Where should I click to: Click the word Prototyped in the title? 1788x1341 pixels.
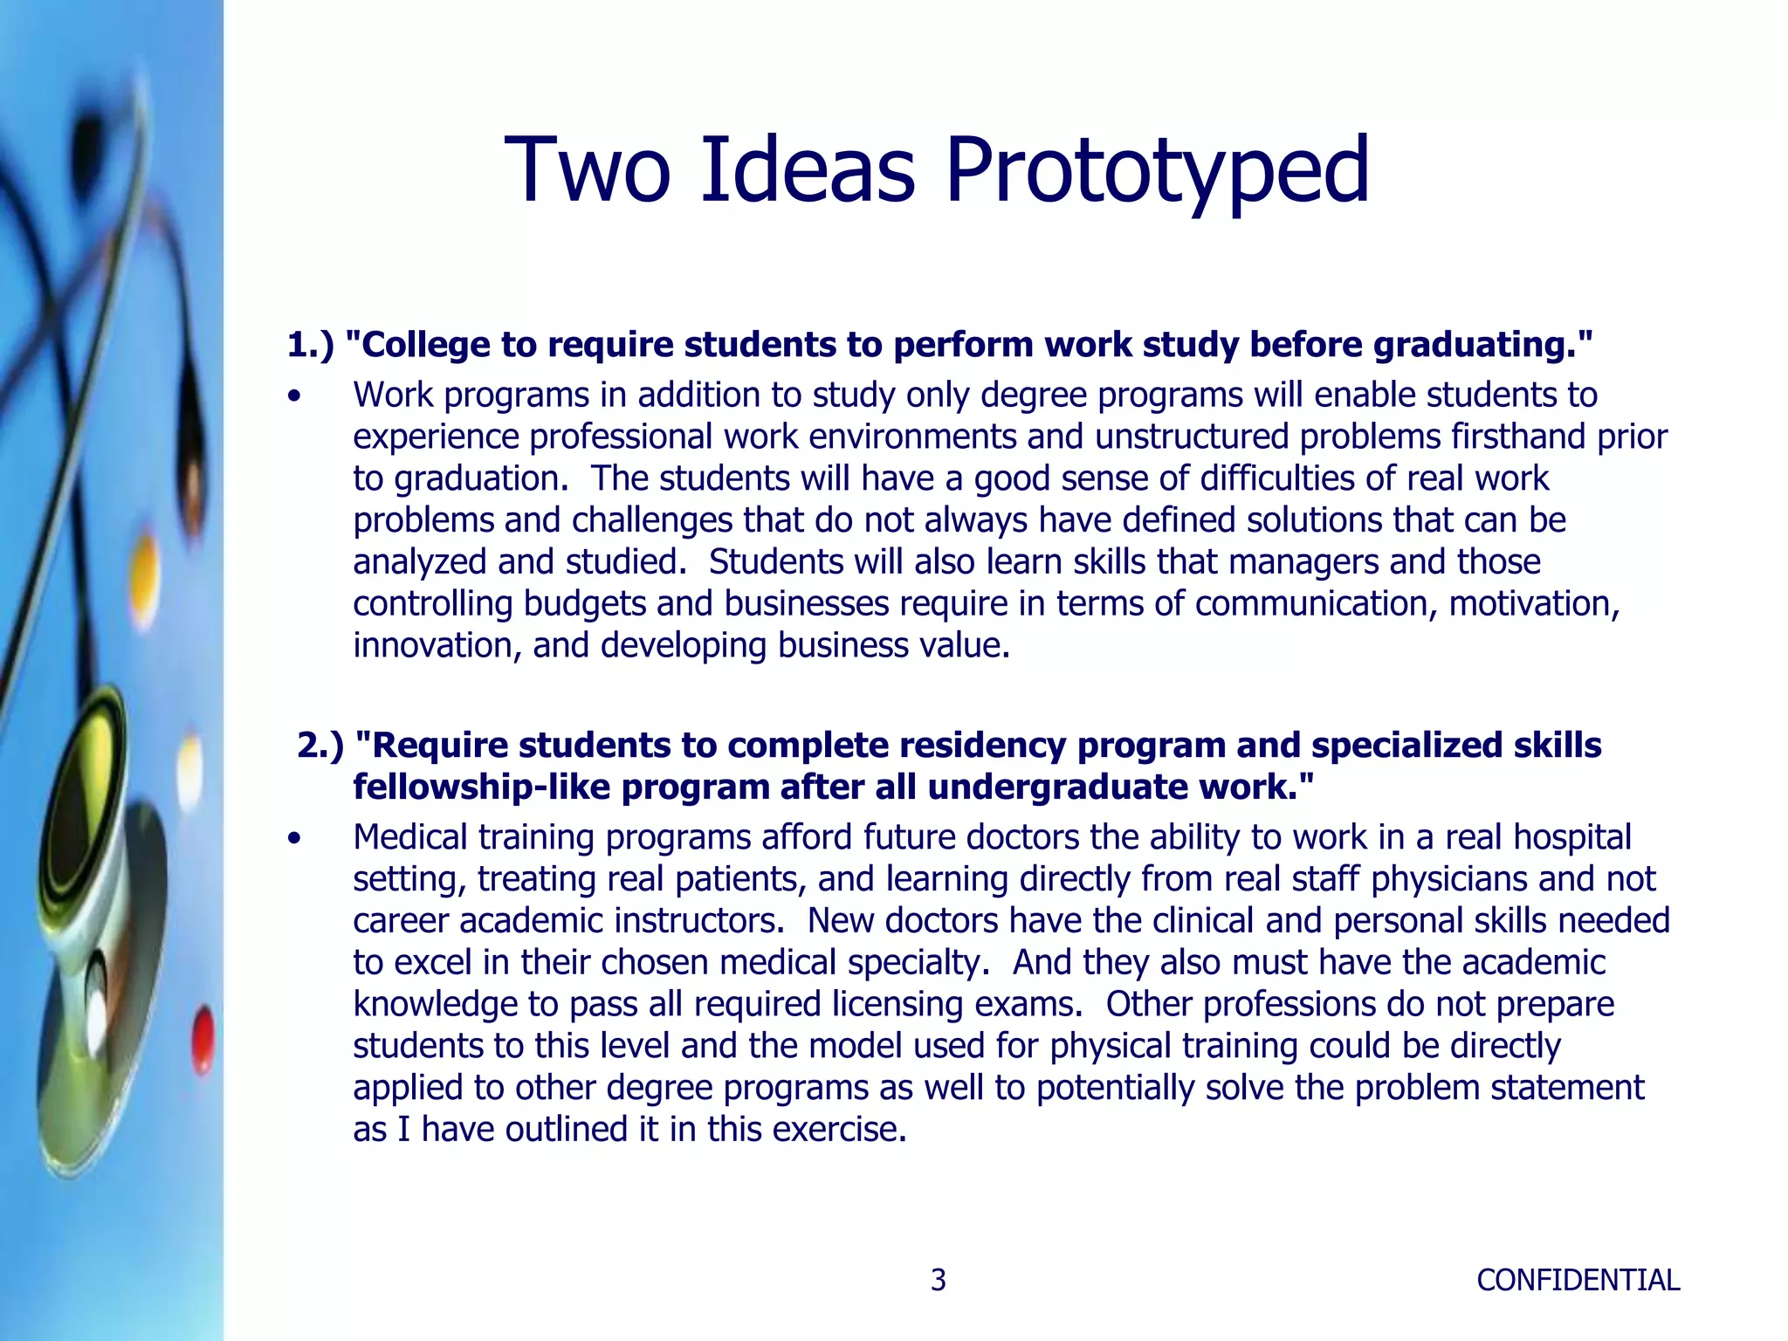coord(1157,170)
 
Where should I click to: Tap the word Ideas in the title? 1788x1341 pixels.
coord(808,170)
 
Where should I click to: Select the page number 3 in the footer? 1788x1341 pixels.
coord(938,1280)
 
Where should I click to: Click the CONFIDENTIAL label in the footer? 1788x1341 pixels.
coord(1578,1280)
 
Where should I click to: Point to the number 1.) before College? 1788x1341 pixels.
coord(311,345)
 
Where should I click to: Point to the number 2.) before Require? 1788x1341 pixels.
coord(320,746)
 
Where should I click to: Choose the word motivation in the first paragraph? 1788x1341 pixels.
coord(1533,604)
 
